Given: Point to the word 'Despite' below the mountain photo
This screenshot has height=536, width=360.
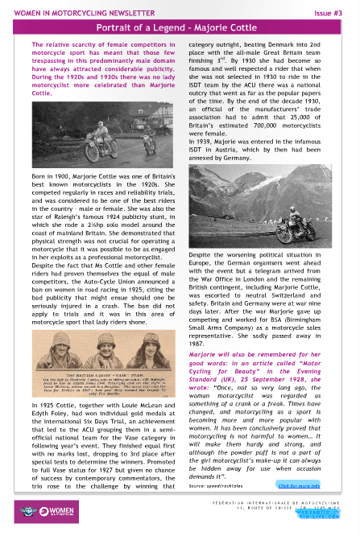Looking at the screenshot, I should click(203, 253).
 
